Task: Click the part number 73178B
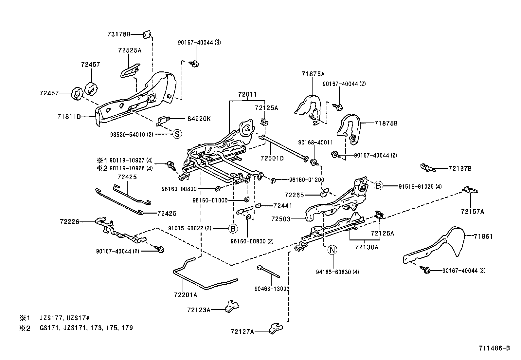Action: coord(119,34)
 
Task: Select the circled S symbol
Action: coord(177,134)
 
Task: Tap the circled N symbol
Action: coord(332,250)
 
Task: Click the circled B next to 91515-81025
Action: coord(378,186)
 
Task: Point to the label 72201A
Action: coord(186,295)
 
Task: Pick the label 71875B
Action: coord(386,123)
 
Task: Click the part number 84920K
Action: coord(199,119)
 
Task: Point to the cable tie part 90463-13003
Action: coord(269,272)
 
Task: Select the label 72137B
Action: coord(460,169)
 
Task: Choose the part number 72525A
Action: coord(130,50)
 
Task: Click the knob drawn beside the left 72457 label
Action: coord(76,94)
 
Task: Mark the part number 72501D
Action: coord(272,158)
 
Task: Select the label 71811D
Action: coord(69,116)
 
